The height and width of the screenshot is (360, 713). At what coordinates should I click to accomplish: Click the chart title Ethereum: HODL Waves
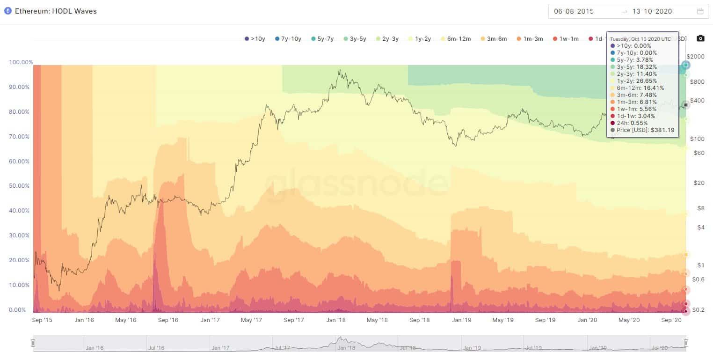[x=56, y=11]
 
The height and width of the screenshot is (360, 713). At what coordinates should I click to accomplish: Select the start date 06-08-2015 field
[x=575, y=11]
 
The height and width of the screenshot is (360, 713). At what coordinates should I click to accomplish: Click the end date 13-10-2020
[x=653, y=11]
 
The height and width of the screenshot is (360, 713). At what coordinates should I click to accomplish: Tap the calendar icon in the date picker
[x=700, y=11]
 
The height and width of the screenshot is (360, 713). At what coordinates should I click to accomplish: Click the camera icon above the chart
[x=700, y=38]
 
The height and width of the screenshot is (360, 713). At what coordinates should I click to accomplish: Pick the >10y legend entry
[x=255, y=39]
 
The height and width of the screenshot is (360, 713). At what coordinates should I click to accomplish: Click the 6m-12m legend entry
[x=458, y=39]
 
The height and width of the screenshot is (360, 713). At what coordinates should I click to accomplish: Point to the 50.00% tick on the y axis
[x=20, y=186]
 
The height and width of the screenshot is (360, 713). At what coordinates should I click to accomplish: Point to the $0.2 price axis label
[x=698, y=310]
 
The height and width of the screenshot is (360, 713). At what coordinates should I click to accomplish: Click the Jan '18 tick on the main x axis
[x=336, y=320]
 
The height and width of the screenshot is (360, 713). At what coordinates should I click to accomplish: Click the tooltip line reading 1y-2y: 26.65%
[x=637, y=81]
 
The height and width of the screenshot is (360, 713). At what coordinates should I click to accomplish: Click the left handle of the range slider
[x=33, y=343]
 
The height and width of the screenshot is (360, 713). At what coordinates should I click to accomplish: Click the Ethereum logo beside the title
[x=7, y=11]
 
